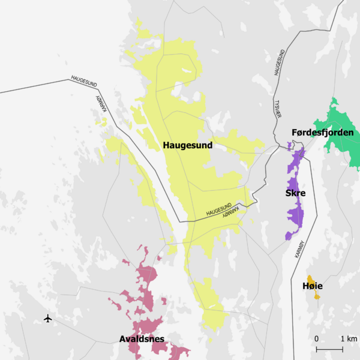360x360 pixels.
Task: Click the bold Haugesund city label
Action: (x=187, y=145)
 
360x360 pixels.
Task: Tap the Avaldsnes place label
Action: (x=142, y=340)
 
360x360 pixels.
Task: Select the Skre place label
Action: (x=295, y=193)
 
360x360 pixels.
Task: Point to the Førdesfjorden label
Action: (x=322, y=132)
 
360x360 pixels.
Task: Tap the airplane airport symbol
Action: (x=48, y=318)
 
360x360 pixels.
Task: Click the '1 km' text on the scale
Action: (x=348, y=339)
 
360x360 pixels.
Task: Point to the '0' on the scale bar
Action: (x=316, y=339)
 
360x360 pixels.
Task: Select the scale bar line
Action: (x=329, y=349)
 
